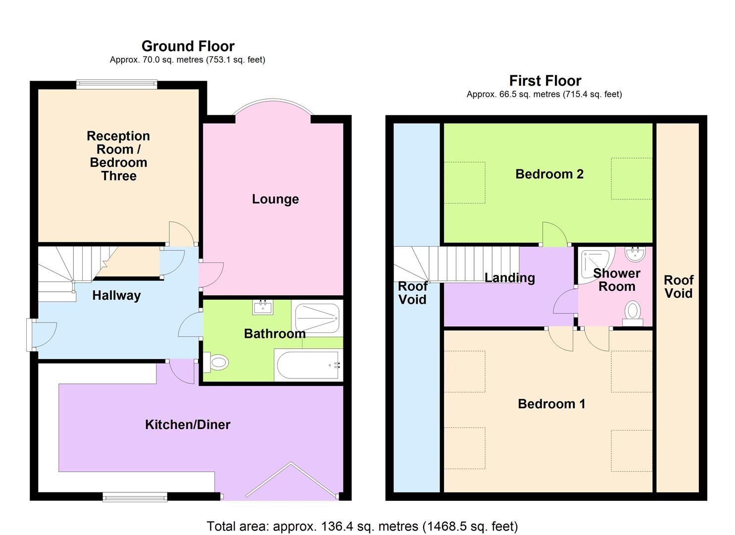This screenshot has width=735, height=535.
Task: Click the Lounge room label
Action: point(275,199)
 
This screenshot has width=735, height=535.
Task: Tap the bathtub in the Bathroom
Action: point(308,366)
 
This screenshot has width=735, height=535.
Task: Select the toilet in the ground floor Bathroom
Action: point(217,363)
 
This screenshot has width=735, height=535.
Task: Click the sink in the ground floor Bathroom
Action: point(263,307)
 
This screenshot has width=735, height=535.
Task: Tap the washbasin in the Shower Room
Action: point(635,255)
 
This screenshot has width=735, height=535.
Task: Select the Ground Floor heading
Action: point(188,46)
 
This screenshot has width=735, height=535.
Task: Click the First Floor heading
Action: point(545,81)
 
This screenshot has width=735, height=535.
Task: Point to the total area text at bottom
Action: point(362,526)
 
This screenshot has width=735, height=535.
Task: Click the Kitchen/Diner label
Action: point(188,425)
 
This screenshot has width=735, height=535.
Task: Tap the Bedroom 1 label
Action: point(551,404)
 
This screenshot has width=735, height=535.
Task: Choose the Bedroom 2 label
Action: point(549,174)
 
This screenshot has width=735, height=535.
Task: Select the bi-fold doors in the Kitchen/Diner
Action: point(292,479)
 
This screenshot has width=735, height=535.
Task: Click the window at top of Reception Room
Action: point(117,85)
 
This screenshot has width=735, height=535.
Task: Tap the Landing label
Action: point(509,278)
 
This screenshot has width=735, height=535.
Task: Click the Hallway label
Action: point(116,296)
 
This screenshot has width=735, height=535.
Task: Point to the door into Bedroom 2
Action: point(554,235)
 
